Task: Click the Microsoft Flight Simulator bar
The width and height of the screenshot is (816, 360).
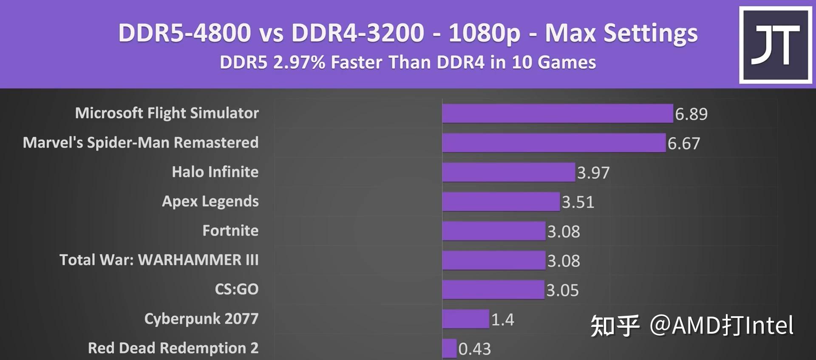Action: point(557,113)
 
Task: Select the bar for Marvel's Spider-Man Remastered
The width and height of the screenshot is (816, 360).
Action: point(553,143)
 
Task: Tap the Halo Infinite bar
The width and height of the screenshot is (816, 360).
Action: point(508,172)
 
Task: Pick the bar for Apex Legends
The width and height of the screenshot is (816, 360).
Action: point(501,201)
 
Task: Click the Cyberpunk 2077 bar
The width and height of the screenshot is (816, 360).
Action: point(465,319)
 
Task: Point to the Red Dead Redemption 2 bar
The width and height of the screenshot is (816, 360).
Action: point(449,349)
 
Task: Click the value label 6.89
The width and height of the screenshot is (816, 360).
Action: point(691,114)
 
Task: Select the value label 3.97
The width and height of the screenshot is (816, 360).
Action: point(593,173)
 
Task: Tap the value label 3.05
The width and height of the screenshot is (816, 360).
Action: point(562,290)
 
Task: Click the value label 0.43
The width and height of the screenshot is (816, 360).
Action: point(474,349)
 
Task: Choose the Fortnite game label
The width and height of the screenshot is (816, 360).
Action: point(230,230)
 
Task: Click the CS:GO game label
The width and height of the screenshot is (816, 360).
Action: point(236,289)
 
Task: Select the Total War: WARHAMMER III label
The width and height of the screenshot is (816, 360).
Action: point(159,260)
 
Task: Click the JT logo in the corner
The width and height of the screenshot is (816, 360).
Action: point(775,45)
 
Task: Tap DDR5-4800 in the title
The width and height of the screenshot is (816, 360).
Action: point(184,33)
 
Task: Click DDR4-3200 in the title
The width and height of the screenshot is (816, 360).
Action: point(357,33)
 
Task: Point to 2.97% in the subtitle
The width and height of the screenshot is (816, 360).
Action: point(299,62)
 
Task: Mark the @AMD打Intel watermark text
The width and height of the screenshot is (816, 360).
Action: point(721,326)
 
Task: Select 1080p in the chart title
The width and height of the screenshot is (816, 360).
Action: point(484,33)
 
